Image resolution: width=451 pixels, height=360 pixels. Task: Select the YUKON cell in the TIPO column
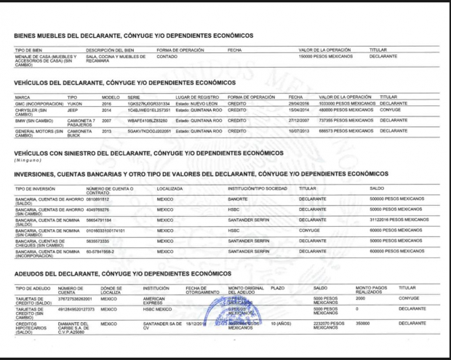[x=75, y=104]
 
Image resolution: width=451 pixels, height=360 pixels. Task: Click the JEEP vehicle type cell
[x=73, y=110]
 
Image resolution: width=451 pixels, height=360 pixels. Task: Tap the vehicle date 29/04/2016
[x=300, y=104]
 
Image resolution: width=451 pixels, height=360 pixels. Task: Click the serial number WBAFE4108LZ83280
[x=148, y=120]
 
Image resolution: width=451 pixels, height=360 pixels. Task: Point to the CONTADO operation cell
[x=167, y=56]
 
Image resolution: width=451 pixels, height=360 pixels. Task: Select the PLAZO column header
[x=277, y=289]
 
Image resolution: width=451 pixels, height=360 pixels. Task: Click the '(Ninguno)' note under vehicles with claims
[x=28, y=160]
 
